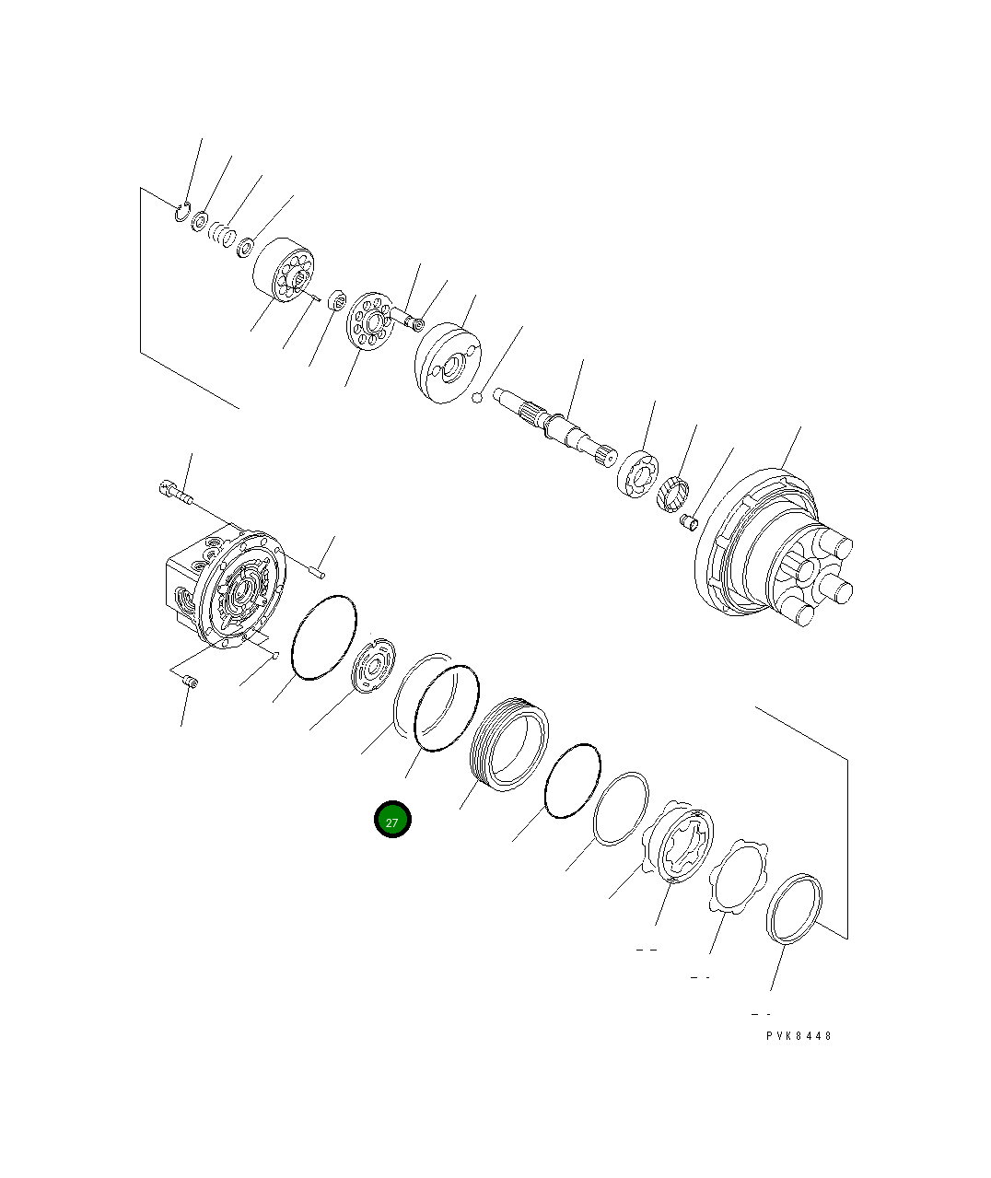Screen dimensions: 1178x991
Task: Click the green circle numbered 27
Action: point(392,820)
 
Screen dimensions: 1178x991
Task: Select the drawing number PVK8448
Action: point(799,1035)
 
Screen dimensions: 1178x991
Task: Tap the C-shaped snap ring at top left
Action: point(181,213)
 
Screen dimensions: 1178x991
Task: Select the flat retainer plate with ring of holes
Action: point(370,321)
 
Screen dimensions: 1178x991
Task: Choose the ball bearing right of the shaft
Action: point(638,473)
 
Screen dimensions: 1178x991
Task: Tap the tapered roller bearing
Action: point(673,495)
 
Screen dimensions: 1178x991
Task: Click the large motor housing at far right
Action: point(774,553)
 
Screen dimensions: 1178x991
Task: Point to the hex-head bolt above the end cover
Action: point(174,493)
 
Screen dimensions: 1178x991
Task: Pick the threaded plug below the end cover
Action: point(192,682)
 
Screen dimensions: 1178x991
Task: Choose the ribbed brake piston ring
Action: point(509,743)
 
